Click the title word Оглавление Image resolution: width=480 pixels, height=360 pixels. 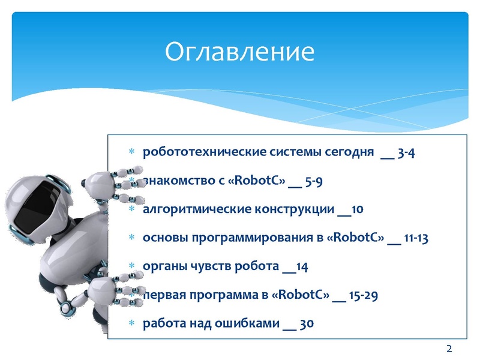240,52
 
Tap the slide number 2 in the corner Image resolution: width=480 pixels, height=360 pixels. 449,349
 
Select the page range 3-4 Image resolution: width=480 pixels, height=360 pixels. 406,152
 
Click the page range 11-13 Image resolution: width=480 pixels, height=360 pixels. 416,238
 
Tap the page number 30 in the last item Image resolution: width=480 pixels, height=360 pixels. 306,324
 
